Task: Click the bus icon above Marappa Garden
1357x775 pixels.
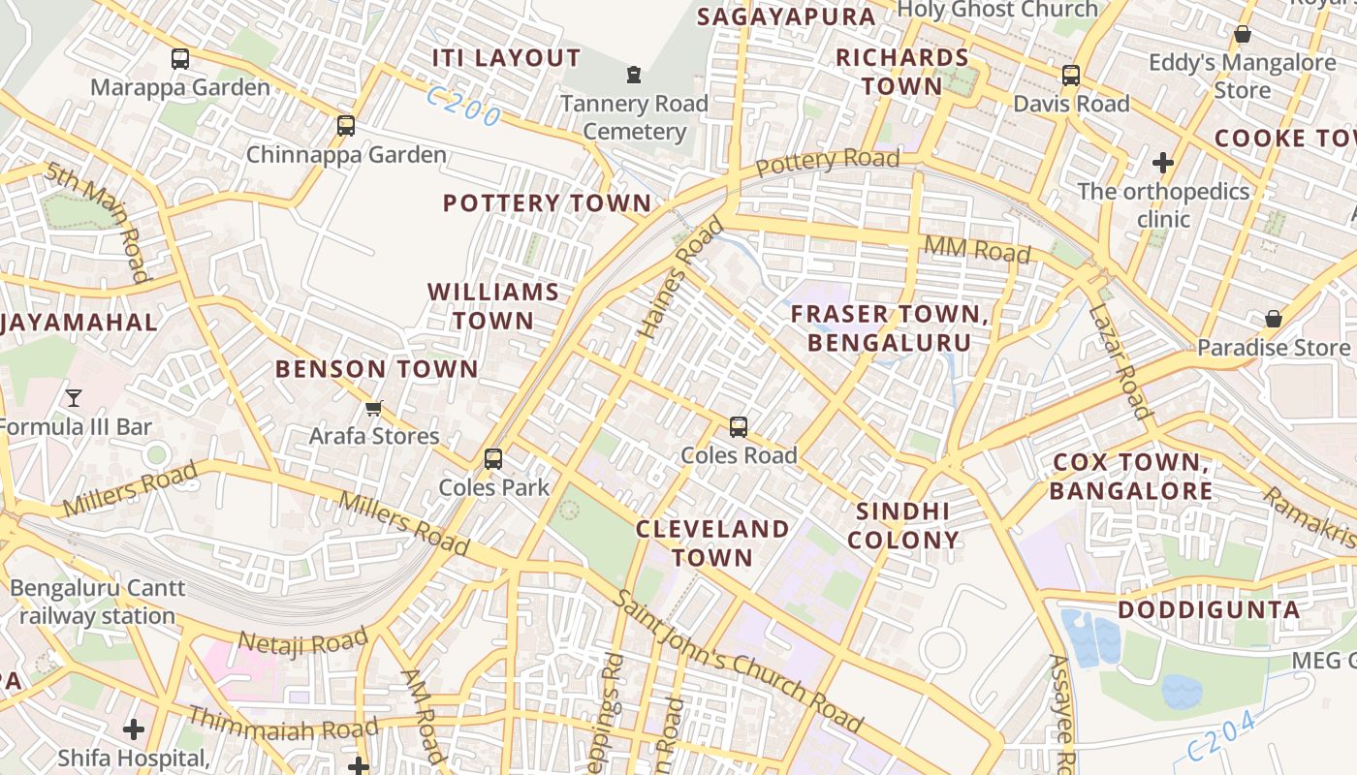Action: click(x=180, y=59)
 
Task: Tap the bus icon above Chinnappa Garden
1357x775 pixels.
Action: click(x=346, y=126)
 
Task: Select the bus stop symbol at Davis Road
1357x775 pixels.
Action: click(x=1071, y=76)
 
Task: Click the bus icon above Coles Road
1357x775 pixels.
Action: click(x=739, y=427)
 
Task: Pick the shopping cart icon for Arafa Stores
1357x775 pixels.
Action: click(x=374, y=409)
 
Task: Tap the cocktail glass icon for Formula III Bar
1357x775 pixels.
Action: click(x=73, y=397)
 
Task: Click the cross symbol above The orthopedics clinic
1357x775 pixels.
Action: click(x=1163, y=163)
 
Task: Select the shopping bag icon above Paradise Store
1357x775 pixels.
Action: click(x=1274, y=319)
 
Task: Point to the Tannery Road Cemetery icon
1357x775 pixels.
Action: click(x=634, y=75)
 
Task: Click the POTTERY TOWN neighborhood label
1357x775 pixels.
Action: click(x=547, y=203)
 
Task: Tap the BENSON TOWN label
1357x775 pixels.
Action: click(x=377, y=369)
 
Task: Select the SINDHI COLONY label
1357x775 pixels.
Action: click(x=903, y=526)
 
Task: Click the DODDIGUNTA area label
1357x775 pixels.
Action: click(x=1209, y=610)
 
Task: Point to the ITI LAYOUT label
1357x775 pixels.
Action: click(x=506, y=58)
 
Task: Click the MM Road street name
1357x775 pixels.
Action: click(x=976, y=249)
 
